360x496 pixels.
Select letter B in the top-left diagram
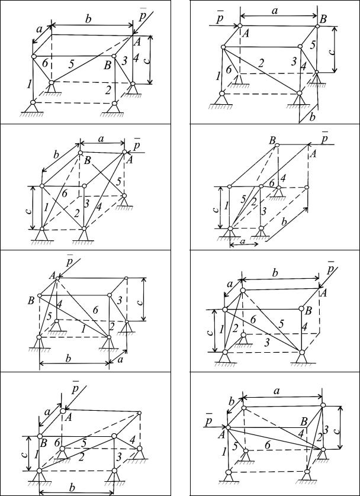click(x=108, y=66)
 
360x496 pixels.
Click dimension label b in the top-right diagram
click(x=313, y=117)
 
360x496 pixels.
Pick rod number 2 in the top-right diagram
click(x=261, y=64)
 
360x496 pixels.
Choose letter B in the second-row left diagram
click(x=86, y=160)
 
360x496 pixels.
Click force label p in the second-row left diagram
click(x=137, y=144)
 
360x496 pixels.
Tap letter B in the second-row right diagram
click(x=272, y=140)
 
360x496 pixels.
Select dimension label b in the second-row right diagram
click(x=284, y=222)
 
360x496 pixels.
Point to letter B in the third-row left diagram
click(x=31, y=300)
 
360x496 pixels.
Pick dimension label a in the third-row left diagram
click(x=121, y=359)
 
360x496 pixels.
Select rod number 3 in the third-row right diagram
click(x=268, y=343)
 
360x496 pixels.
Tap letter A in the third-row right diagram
click(x=323, y=293)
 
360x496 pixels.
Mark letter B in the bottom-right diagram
click(x=304, y=421)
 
